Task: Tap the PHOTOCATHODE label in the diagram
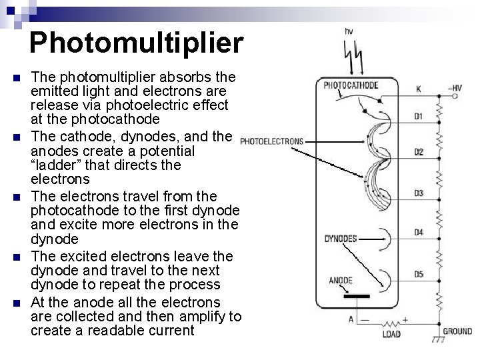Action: [x=351, y=85]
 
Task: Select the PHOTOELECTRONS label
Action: [x=271, y=141]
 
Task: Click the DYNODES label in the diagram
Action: [x=341, y=238]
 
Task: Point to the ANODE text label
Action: [x=341, y=280]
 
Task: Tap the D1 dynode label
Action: [x=418, y=116]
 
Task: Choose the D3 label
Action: [x=419, y=193]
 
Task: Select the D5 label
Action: [x=419, y=273]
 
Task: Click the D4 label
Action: [x=419, y=233]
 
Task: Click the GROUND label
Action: [x=458, y=331]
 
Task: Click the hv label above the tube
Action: [x=349, y=31]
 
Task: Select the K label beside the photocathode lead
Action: [x=419, y=89]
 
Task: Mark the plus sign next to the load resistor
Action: [x=405, y=319]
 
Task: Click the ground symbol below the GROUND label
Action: [x=438, y=341]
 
